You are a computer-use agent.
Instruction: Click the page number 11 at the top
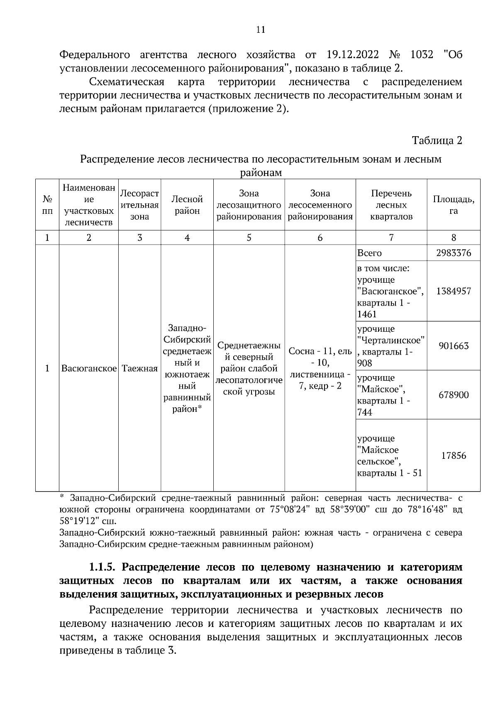click(x=261, y=30)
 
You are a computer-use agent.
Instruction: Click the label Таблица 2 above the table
click(x=437, y=140)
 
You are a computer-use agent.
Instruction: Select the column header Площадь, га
click(x=454, y=205)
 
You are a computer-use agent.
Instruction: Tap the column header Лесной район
click(x=187, y=205)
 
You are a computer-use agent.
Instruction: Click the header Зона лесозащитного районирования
click(x=249, y=205)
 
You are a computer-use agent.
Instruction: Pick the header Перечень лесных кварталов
click(x=391, y=205)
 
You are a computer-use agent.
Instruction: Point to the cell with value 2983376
click(x=454, y=253)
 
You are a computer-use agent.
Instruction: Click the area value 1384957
click(x=454, y=291)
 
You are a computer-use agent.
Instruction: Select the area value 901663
click(x=454, y=346)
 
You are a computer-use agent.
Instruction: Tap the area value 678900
click(x=454, y=395)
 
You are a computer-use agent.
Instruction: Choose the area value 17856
click(x=454, y=455)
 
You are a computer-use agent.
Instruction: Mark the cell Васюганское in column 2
click(x=88, y=368)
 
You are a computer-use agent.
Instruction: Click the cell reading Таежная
click(x=140, y=368)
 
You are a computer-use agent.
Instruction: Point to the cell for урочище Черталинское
click(x=391, y=346)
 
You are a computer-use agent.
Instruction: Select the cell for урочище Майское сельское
click(x=389, y=455)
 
